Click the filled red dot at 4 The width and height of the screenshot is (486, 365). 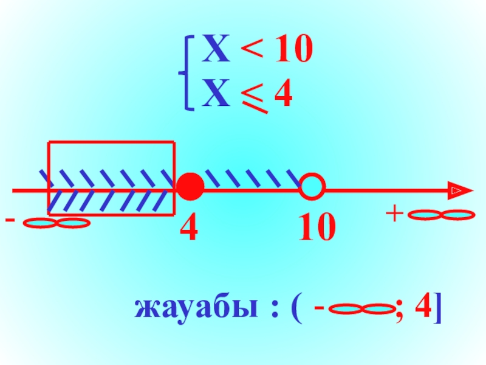[190, 187]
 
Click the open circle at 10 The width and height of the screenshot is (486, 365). [312, 186]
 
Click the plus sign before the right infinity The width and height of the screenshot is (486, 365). [397, 214]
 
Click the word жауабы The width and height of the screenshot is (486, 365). [185, 309]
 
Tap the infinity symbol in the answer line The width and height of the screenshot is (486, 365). [362, 310]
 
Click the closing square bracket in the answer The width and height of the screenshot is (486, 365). [438, 310]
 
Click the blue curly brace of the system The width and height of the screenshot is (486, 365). [188, 73]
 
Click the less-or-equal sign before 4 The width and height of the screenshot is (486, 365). [255, 98]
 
